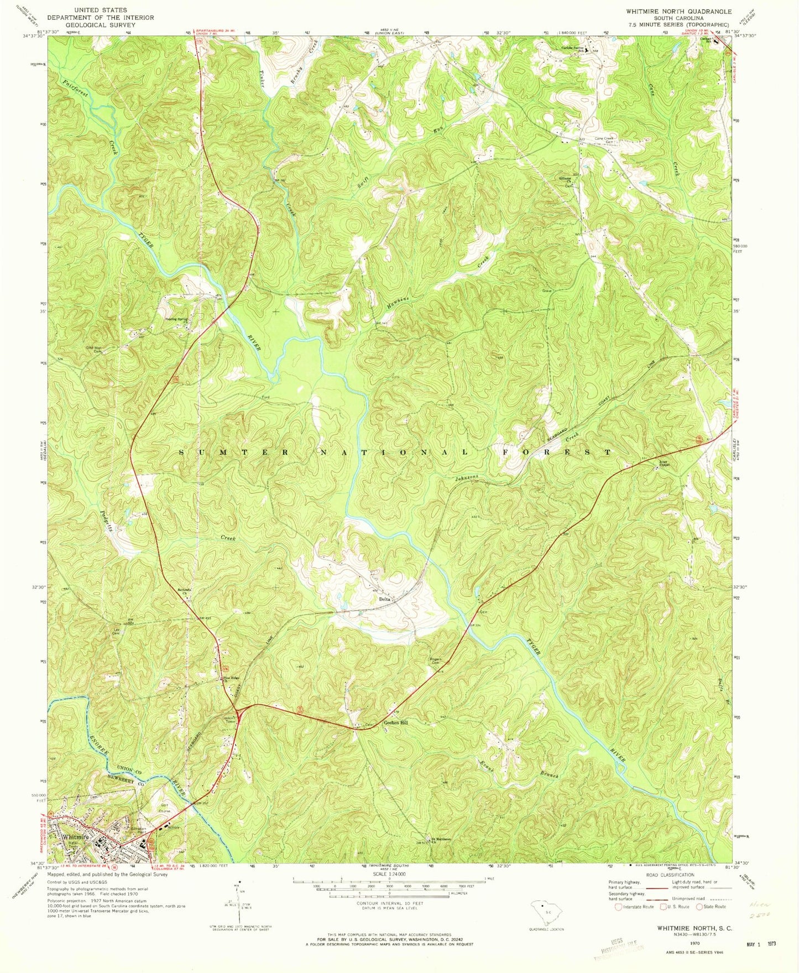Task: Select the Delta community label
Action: coord(385,599)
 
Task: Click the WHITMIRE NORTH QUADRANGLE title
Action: coord(671,11)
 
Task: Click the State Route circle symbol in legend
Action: coord(699,907)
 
